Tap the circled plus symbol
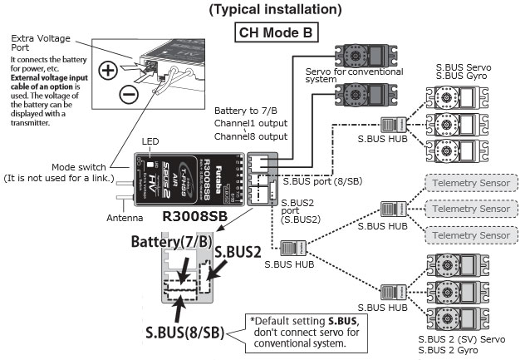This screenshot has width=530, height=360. [x=108, y=70]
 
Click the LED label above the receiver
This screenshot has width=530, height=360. [x=150, y=142]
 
